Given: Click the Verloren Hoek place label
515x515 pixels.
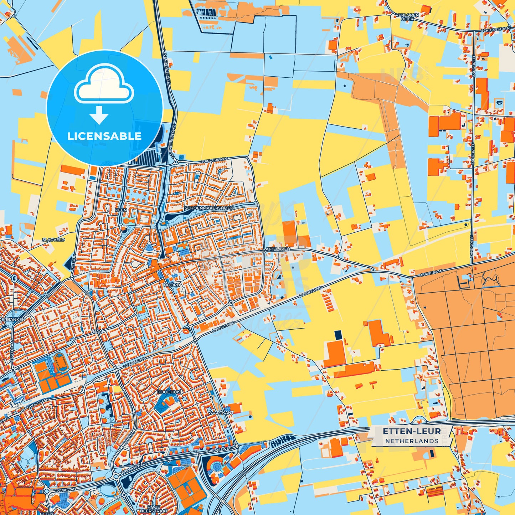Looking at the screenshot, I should coord(407,17).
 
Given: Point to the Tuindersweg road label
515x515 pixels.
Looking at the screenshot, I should coord(214,161).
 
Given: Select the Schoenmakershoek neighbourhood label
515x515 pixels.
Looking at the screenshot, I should coord(209,208).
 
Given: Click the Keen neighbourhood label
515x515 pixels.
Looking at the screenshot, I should coord(121,210).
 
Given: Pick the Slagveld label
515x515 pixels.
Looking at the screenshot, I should coord(53,240).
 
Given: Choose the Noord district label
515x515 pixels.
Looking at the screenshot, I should coord(172,285).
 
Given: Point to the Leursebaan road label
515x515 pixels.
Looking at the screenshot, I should coord(430,273).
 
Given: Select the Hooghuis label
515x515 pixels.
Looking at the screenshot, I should coord(169,392).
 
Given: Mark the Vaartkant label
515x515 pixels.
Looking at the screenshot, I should coord(221,412).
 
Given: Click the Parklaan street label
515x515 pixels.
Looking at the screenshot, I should coord(66,491).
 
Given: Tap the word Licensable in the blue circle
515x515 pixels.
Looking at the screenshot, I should coord(104,136).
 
